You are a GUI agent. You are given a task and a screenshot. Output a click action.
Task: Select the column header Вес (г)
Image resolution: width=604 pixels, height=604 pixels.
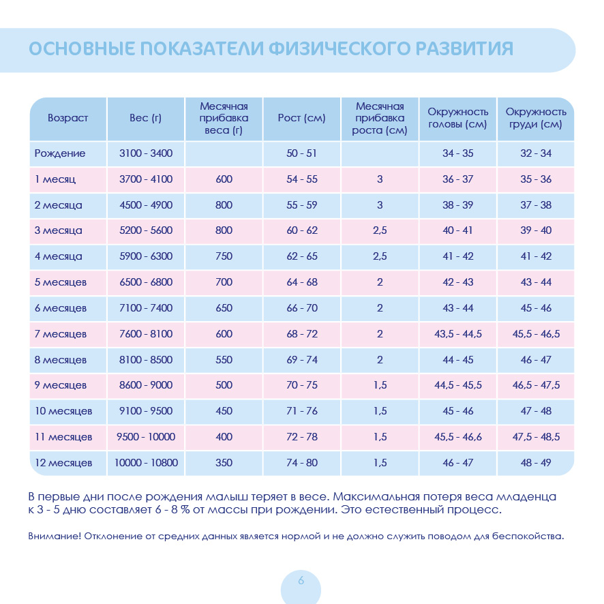145,118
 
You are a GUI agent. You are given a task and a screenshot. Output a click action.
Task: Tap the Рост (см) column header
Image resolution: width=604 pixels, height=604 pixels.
301,118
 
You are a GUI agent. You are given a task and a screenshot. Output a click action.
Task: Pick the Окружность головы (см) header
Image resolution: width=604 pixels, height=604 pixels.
457,118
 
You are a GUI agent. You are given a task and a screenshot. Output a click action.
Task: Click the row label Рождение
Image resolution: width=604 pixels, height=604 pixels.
60,153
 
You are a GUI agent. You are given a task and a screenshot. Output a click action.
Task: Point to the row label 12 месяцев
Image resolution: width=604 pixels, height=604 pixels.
63,463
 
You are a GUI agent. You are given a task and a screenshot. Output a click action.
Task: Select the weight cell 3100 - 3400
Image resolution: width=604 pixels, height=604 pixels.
145,153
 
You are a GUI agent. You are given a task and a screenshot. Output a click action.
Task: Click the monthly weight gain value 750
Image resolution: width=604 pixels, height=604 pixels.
224,256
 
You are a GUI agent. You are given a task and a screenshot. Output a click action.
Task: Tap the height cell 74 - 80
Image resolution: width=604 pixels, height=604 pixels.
301,463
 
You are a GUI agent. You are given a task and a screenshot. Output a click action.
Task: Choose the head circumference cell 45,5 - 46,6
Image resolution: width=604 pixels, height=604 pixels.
457,437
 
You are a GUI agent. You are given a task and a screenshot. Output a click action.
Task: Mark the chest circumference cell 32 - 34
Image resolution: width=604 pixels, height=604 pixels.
536,153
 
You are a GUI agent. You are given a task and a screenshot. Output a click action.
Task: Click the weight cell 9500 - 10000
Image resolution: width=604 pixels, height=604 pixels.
145,437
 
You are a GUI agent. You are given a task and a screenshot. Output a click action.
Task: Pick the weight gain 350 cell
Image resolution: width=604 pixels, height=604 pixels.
224,463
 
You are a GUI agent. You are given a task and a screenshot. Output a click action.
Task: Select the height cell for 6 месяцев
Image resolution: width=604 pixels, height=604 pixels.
301,308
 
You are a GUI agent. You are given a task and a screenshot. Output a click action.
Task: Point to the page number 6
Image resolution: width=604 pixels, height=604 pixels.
301,581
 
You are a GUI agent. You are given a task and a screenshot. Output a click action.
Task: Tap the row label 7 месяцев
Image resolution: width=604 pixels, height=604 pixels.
61,334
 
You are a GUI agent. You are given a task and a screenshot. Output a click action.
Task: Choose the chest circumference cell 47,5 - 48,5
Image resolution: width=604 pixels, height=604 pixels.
536,437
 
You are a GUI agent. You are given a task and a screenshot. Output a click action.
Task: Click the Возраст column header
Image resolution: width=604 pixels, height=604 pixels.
67,118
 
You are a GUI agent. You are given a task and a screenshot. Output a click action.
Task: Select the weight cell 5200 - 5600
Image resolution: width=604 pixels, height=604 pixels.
145,230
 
